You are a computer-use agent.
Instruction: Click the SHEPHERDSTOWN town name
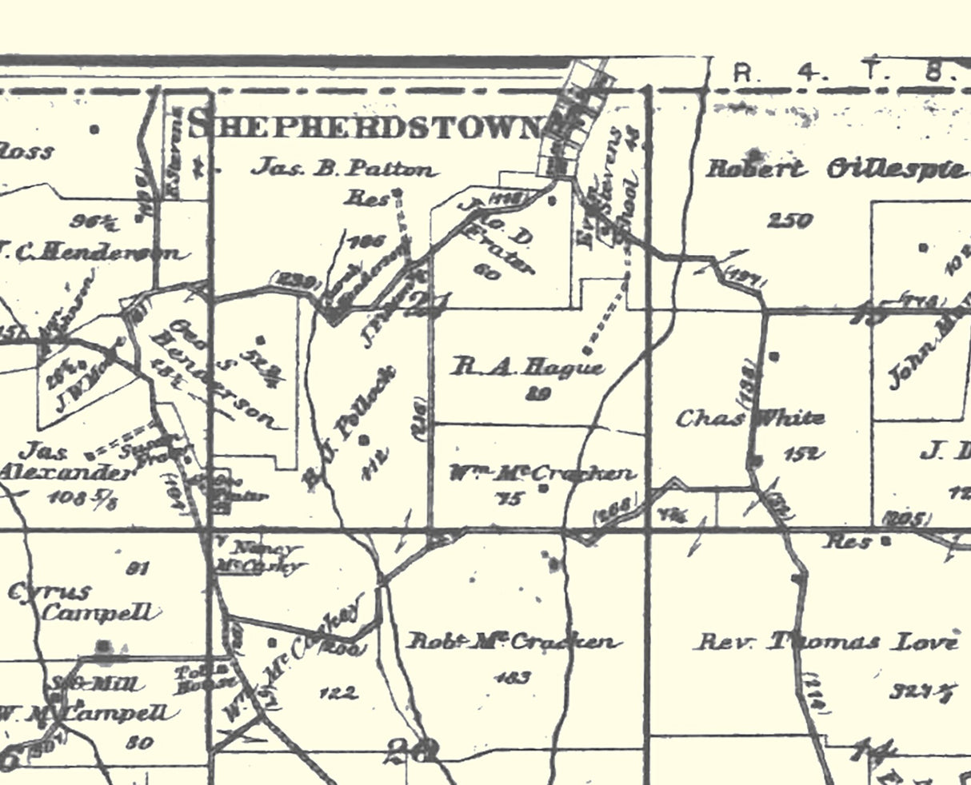[365, 126]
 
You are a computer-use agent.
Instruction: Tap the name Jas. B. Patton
[346, 169]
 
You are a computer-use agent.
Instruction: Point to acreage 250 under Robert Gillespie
[790, 221]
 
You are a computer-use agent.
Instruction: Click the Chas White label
[749, 418]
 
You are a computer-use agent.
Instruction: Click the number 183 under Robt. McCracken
[513, 678]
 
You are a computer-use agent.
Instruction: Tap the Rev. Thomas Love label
[824, 642]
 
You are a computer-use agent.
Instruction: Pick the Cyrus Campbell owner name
[80, 604]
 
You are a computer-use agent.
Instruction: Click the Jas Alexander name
[64, 462]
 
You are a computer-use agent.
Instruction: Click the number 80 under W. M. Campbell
[139, 743]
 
